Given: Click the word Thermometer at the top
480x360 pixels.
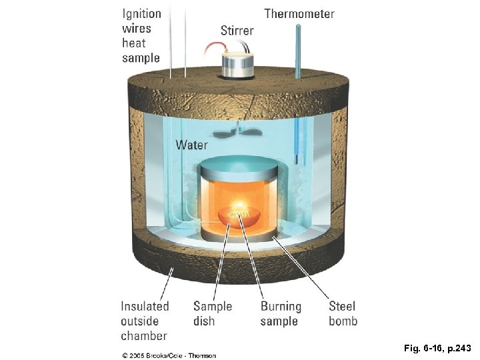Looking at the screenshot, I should [x=299, y=13].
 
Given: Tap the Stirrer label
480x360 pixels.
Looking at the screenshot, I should [x=237, y=31].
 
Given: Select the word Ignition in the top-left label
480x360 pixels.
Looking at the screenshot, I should [x=141, y=13].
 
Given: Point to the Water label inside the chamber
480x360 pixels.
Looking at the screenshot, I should [x=191, y=145].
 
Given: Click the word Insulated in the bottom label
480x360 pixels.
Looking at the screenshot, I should [x=145, y=307].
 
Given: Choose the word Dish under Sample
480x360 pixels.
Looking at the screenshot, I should [x=203, y=321].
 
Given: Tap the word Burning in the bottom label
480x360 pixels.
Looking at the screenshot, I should [x=281, y=307].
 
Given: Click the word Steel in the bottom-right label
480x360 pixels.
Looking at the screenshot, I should [x=342, y=307].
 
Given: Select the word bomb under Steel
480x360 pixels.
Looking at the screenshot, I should [x=343, y=321].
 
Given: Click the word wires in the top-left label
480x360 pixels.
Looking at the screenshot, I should [x=137, y=28].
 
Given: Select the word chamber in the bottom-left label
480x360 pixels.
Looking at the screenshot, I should [x=144, y=336].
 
